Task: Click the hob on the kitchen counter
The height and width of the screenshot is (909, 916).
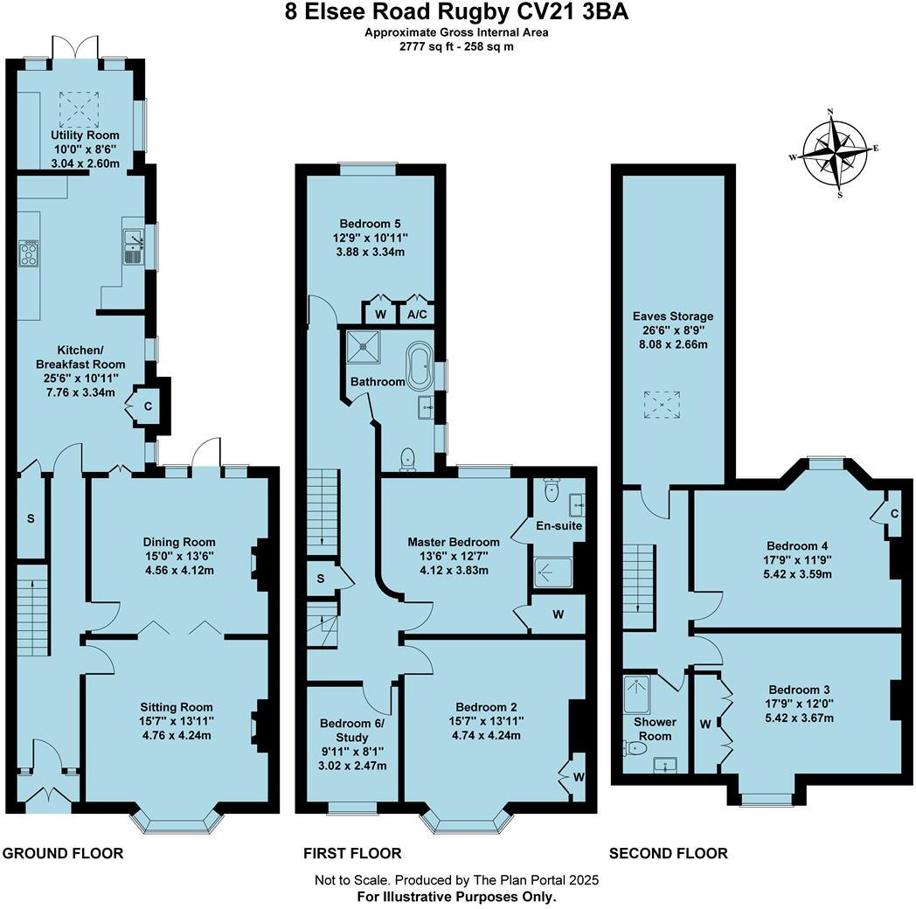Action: [28, 252]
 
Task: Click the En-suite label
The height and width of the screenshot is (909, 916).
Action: [559, 525]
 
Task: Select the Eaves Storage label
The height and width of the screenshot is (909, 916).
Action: [673, 316]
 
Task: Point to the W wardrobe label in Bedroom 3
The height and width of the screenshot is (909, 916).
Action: [705, 723]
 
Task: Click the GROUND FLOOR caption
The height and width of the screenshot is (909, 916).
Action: [64, 853]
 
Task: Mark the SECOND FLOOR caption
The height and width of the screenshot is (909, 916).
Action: [668, 853]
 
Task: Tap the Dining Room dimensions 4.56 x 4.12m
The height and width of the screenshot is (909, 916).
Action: [180, 569]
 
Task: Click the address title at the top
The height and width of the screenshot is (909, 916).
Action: [457, 12]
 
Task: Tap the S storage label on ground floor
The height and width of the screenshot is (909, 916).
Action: [31, 518]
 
